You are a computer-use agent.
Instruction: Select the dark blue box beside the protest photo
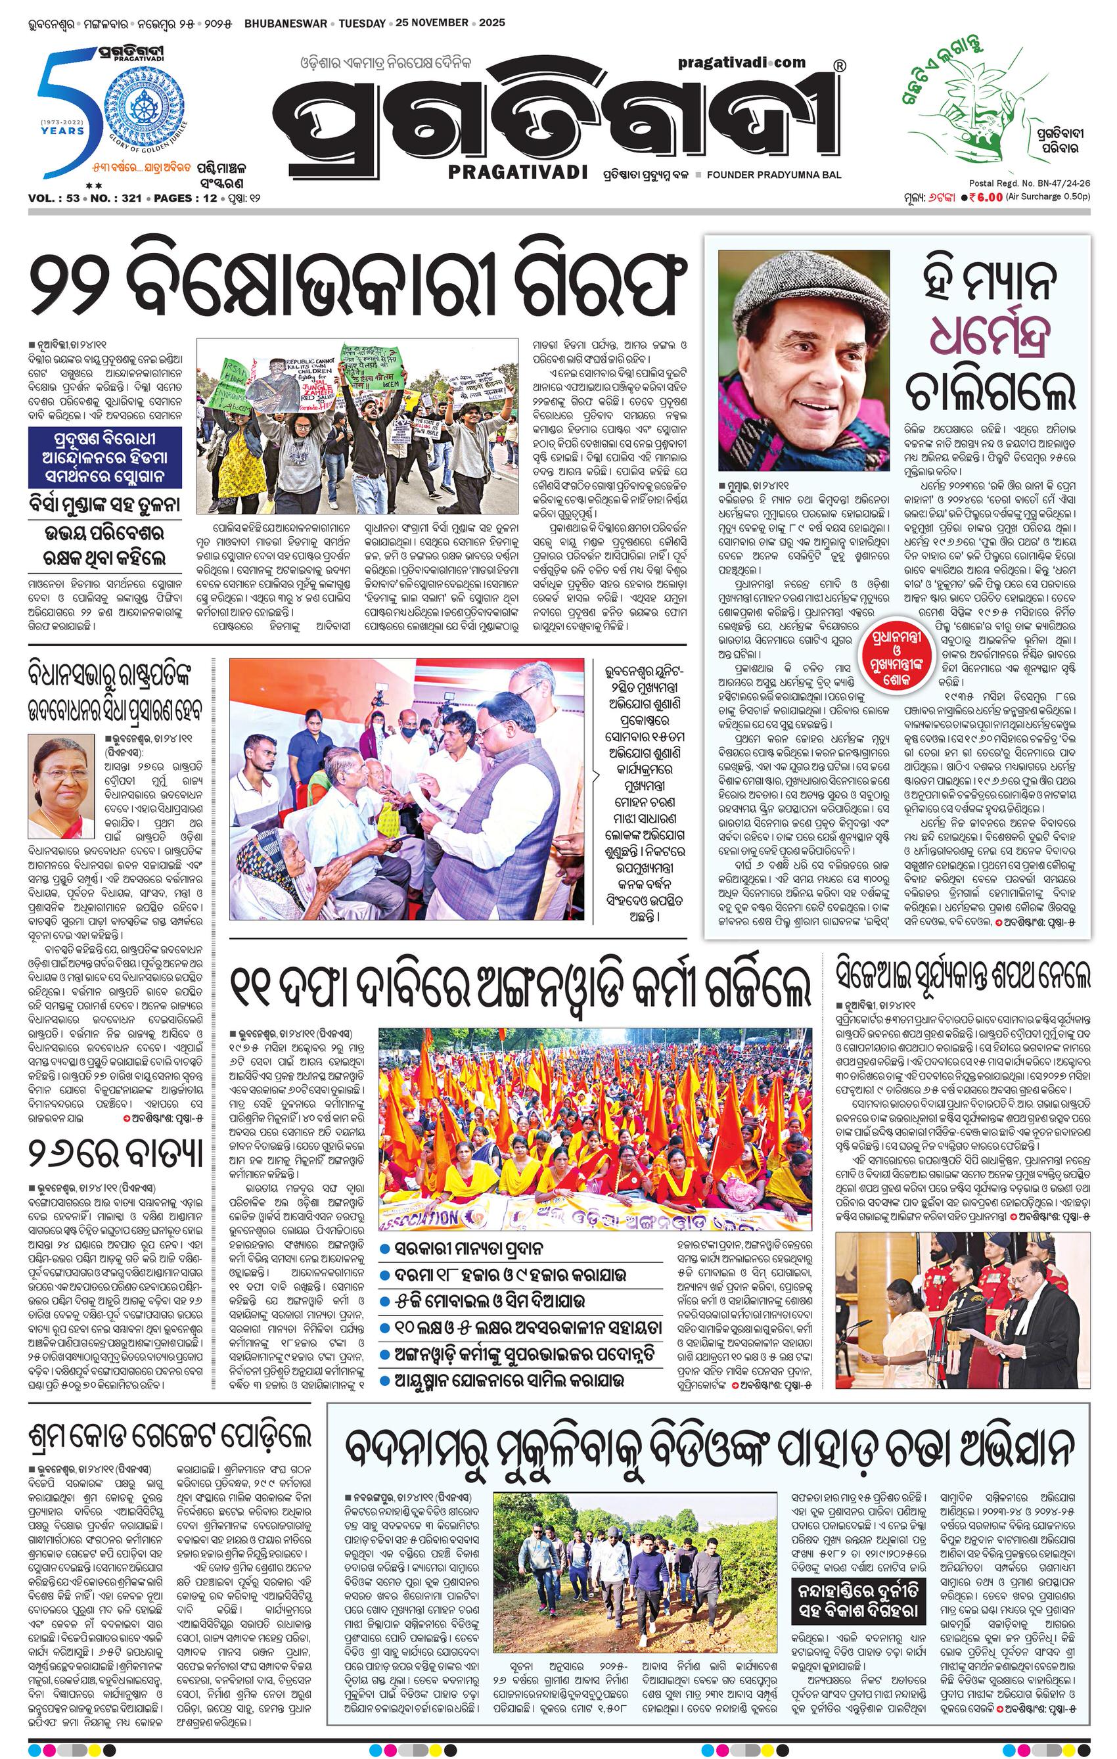tap(106, 457)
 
